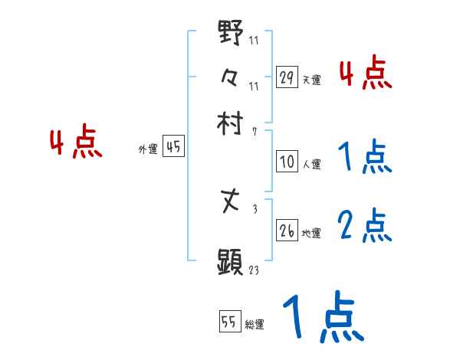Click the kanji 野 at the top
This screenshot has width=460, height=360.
tap(231, 33)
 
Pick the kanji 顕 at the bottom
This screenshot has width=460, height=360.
tap(231, 262)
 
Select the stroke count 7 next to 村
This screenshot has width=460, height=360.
tap(254, 132)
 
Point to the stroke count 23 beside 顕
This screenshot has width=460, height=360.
tap(255, 270)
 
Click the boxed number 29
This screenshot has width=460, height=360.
tap(287, 77)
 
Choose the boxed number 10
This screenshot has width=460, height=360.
tap(287, 162)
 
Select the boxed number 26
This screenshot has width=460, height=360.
tap(287, 230)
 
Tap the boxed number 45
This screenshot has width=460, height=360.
tap(173, 148)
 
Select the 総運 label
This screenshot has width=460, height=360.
tap(255, 325)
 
